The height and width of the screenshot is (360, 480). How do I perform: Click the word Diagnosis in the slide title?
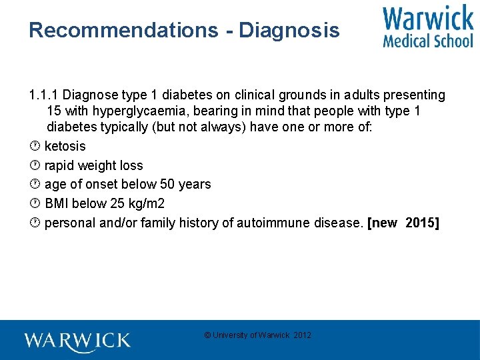click(x=289, y=31)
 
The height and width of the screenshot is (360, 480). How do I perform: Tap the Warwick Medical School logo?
click(x=427, y=26)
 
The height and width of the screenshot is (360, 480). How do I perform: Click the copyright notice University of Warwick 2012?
click(x=257, y=335)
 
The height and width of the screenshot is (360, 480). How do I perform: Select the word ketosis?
click(x=65, y=146)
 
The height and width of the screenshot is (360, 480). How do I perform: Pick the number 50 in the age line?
click(x=167, y=184)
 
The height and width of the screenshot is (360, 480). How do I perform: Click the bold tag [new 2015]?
click(x=403, y=223)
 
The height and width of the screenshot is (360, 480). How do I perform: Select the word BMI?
click(x=57, y=203)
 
